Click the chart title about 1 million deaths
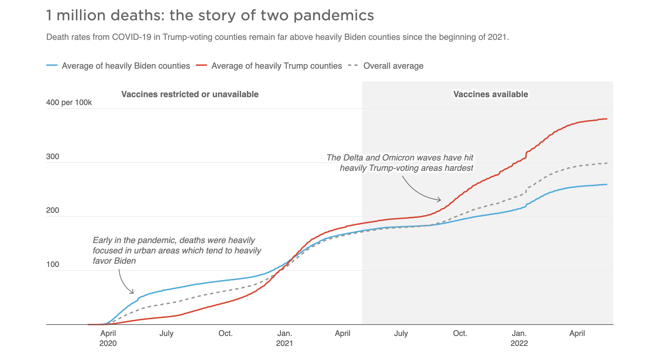(210, 16)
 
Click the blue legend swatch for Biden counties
(52, 66)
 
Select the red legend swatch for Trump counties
(201, 66)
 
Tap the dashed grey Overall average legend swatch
(353, 66)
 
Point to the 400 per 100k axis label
(69, 102)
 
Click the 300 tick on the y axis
(53, 157)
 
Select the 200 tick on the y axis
(53, 210)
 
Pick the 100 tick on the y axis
(53, 264)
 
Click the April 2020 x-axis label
(108, 338)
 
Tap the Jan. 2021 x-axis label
(285, 338)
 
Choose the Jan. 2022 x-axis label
(519, 338)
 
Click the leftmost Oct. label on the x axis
(226, 333)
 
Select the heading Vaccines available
(491, 94)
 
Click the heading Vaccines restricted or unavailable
(190, 94)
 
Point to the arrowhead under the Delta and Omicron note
(440, 200)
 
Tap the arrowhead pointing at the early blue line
(133, 293)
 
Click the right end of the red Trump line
(606, 119)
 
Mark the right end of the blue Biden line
(606, 184)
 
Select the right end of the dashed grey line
(606, 163)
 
